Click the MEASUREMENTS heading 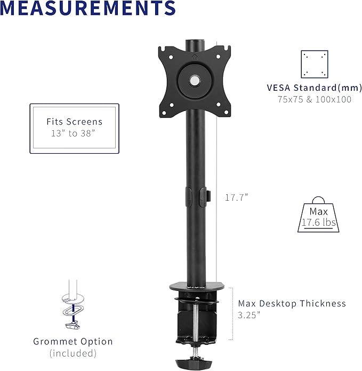pos(89,9)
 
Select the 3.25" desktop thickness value pos(249,315)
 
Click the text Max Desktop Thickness pos(292,303)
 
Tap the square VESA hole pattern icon pos(314,65)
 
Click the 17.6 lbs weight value pos(318,223)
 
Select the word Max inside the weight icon pos(318,211)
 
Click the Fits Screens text pos(74,122)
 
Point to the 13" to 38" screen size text pos(74,133)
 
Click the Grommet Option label pos(73,342)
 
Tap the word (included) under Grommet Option pos(73,353)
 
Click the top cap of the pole pos(196,41)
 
